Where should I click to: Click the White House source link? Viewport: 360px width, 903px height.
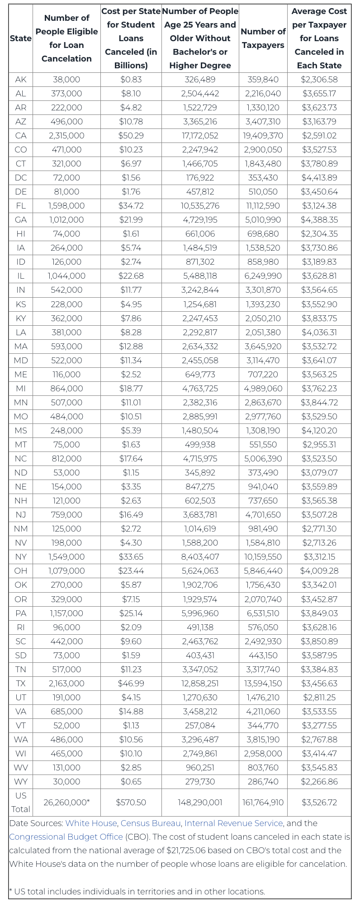click(x=90, y=823)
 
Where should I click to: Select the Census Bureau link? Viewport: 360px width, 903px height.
click(x=150, y=823)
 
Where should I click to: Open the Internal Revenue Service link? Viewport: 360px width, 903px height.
click(x=233, y=823)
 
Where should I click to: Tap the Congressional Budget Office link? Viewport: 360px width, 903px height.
click(x=66, y=836)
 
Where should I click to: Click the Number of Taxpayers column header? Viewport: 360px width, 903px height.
click(x=263, y=38)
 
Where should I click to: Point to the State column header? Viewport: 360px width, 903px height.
click(x=21, y=38)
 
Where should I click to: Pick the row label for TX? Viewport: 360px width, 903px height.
click(x=21, y=683)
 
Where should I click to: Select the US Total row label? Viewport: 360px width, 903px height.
click(x=21, y=802)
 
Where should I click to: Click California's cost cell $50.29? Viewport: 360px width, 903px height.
click(x=131, y=136)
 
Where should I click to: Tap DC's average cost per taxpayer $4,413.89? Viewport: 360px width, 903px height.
click(x=319, y=178)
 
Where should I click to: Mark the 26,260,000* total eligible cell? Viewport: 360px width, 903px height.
click(x=66, y=802)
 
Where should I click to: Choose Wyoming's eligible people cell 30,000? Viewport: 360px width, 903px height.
click(x=66, y=781)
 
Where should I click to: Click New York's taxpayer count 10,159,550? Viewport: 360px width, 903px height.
click(x=263, y=557)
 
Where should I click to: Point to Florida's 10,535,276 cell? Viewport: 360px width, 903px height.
click(x=200, y=206)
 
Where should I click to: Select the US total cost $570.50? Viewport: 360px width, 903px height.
click(x=131, y=802)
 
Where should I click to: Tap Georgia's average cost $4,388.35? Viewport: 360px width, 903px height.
click(x=319, y=220)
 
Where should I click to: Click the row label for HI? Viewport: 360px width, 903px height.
click(x=21, y=234)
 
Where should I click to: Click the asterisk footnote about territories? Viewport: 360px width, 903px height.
click(x=137, y=891)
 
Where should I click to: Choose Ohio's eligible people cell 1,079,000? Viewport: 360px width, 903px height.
click(x=66, y=571)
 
